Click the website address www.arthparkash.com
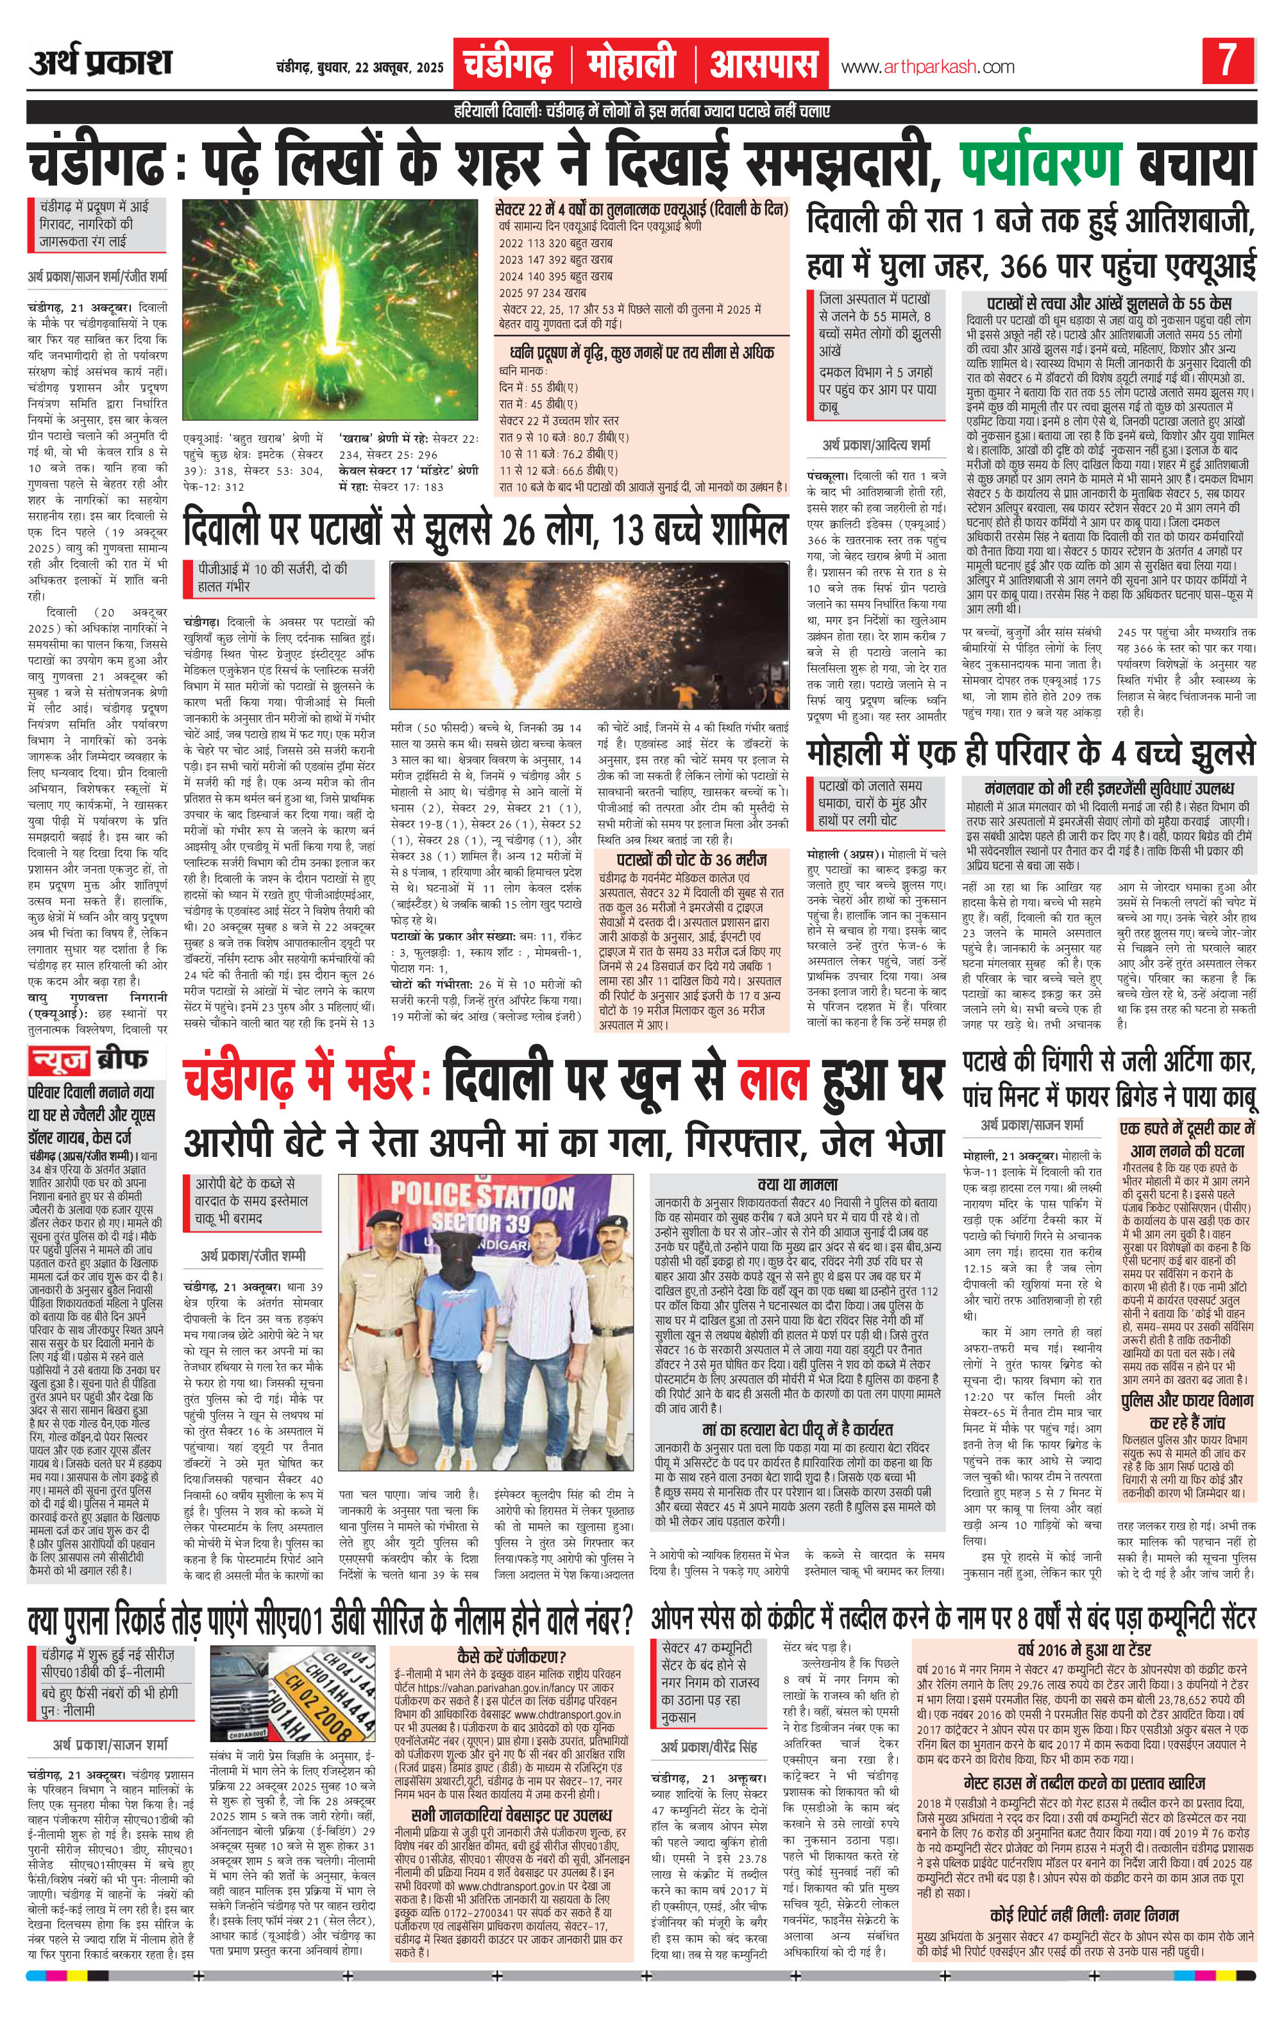pos(927,67)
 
